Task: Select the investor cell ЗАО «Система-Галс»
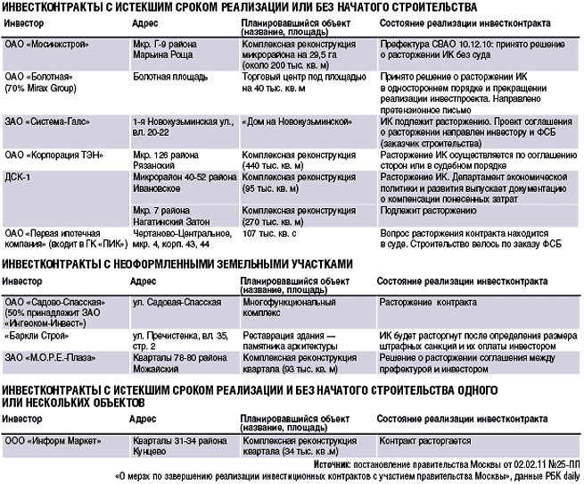(x=45, y=120)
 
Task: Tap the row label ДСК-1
(x=19, y=178)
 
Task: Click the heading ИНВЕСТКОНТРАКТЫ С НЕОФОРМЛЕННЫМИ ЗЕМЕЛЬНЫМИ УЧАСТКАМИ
(x=178, y=263)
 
